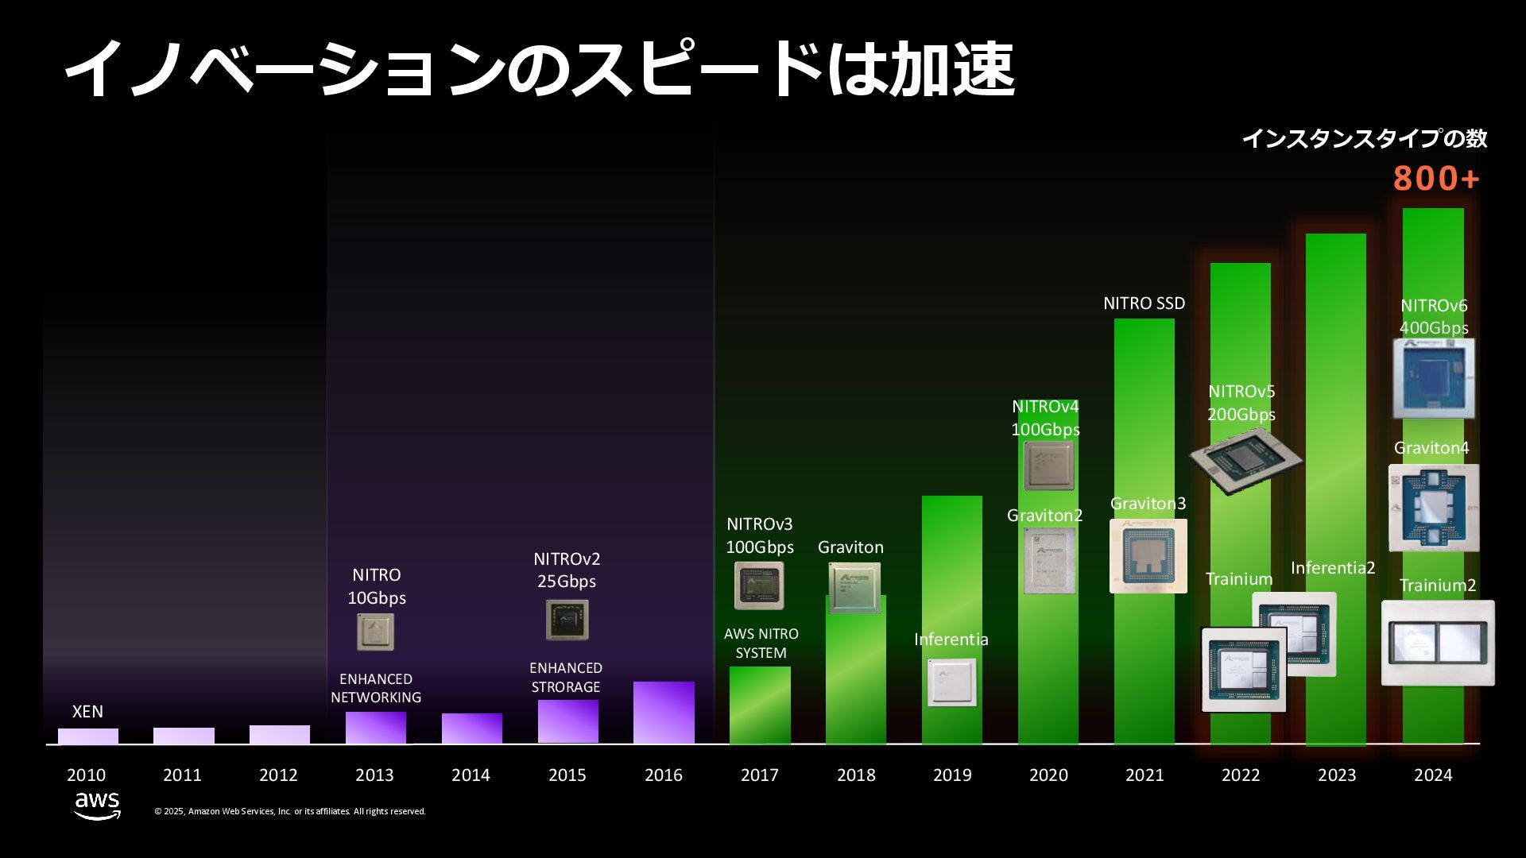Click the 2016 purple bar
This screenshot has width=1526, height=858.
pos(664,712)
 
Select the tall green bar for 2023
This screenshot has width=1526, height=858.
pos(1335,397)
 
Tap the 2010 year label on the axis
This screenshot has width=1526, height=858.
pos(86,775)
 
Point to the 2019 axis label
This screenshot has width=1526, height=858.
pos(952,775)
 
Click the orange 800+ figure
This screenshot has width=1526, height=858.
pos(1436,179)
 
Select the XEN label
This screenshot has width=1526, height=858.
pos(87,711)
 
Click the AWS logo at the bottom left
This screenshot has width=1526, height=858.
pos(97,806)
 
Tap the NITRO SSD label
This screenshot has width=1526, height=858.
pos(1144,303)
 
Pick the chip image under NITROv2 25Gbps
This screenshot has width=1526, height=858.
pos(567,620)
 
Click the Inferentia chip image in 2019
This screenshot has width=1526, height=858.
pos(951,682)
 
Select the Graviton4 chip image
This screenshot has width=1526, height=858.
pos(1434,508)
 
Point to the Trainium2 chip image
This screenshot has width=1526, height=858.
pos(1438,643)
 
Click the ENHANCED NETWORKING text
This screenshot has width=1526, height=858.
pos(376,688)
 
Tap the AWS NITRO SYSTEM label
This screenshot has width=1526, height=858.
pos(761,643)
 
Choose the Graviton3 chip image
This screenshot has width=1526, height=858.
pos(1148,556)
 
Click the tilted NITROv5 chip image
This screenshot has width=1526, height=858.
pos(1245,460)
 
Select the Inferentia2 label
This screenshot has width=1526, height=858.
pos(1332,568)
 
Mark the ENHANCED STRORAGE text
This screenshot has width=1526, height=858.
pos(566,677)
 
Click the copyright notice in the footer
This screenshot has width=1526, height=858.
pos(290,811)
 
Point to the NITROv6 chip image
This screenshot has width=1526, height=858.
pos(1434,378)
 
